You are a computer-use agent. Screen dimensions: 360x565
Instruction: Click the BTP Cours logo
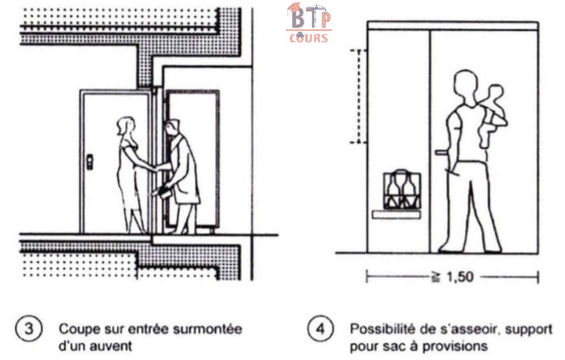click(x=308, y=23)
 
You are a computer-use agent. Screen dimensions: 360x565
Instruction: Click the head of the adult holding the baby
click(x=465, y=85)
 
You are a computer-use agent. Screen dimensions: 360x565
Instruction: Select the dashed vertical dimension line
click(x=355, y=96)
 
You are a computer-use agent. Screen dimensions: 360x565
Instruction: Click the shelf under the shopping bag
click(x=396, y=214)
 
